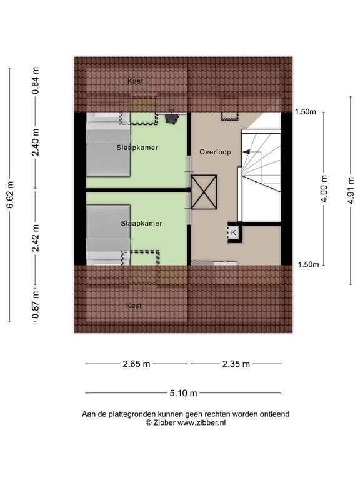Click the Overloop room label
tap(215, 152)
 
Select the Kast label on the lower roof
tap(133, 306)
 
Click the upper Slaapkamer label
tap(137, 147)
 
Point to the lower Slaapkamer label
tap(142, 223)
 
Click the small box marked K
tap(233, 232)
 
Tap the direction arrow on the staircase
tap(250, 152)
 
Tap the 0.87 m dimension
tap(36, 306)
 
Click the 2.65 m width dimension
tap(136, 364)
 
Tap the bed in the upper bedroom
tap(107, 150)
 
